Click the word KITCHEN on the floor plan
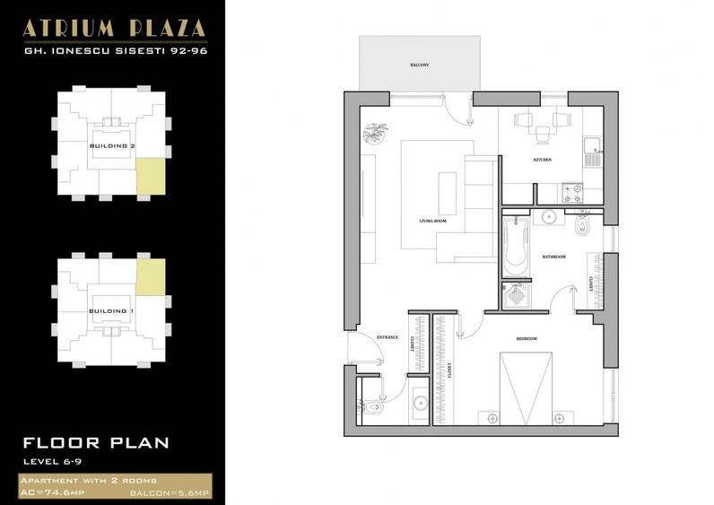[542, 160]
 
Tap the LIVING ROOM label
[433, 220]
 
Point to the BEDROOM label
[527, 338]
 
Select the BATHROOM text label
[553, 257]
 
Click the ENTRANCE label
[387, 337]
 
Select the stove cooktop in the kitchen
[570, 192]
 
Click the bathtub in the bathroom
[515, 245]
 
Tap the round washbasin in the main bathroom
[550, 216]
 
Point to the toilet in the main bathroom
[584, 224]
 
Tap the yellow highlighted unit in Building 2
[150, 176]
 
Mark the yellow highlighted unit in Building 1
[150, 276]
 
